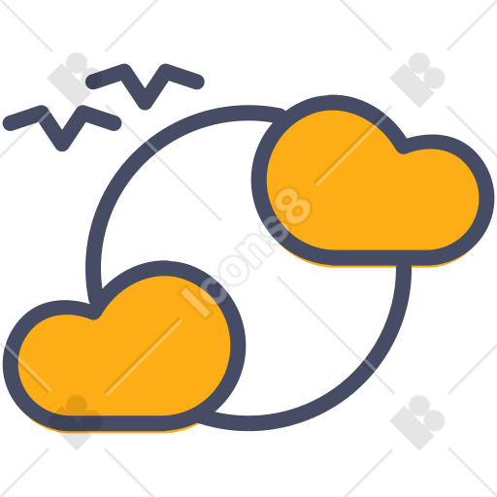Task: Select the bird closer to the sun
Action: tap(145, 84)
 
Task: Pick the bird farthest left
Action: tap(62, 126)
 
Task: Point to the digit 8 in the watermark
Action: tap(294, 206)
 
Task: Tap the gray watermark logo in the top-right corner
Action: tap(417, 80)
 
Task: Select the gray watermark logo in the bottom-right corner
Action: tap(417, 422)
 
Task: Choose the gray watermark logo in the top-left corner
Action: tap(75, 80)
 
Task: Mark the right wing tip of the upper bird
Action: tap(197, 81)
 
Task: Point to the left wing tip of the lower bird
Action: tap(11, 123)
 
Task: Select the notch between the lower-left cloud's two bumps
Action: tap(94, 313)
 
